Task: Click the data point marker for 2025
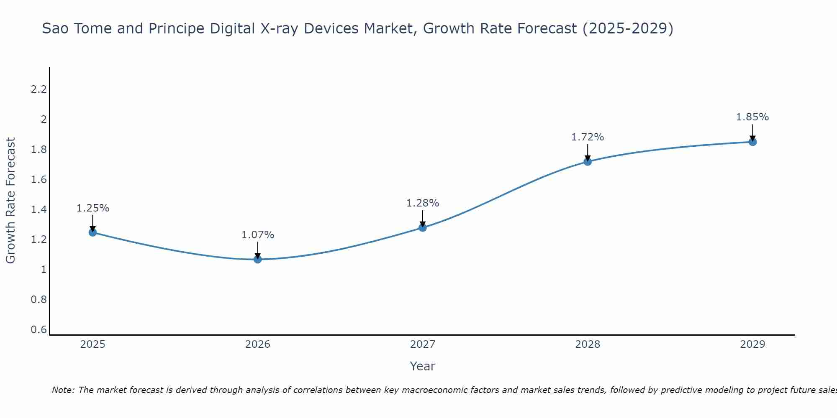tap(93, 232)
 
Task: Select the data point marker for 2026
tap(258, 260)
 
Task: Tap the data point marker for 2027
tap(423, 228)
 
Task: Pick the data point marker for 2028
tap(588, 162)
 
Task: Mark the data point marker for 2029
tap(752, 142)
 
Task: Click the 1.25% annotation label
tap(93, 208)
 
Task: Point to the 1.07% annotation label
tap(258, 235)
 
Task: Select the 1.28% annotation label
tap(423, 203)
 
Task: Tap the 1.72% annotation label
tap(588, 137)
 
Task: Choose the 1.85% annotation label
tap(752, 117)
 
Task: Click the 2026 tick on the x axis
tap(258, 344)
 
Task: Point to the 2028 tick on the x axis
tap(588, 344)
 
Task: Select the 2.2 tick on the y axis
tap(39, 89)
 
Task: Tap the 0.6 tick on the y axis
tap(39, 330)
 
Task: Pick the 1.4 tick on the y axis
tap(39, 210)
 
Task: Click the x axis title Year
tap(423, 366)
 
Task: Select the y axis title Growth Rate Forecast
tap(10, 201)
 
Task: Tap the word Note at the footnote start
tap(63, 390)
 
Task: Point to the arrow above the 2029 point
tap(752, 132)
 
